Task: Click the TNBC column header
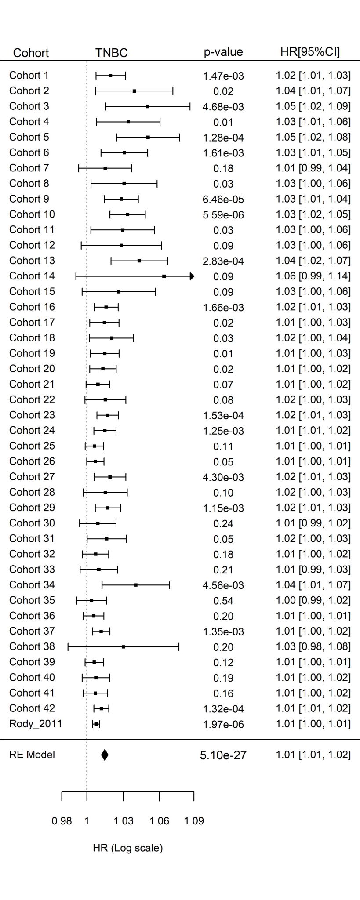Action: point(111,53)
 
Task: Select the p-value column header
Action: point(223,52)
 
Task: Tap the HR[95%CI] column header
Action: point(310,52)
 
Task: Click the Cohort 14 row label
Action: point(32,276)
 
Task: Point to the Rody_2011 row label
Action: point(35,724)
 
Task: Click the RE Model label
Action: point(32,755)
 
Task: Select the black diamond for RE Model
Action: point(105,755)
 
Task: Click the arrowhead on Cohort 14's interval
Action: point(192,276)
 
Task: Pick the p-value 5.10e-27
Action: point(223,755)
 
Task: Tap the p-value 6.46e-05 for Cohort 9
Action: point(223,200)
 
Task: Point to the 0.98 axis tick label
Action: point(62,821)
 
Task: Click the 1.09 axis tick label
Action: point(194,821)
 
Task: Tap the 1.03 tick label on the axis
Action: point(124,821)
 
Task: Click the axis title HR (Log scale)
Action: point(127,848)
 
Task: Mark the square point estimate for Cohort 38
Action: point(124,646)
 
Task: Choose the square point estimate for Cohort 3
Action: point(148,106)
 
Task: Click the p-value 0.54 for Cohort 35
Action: point(223,601)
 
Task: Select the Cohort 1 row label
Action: point(29,76)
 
